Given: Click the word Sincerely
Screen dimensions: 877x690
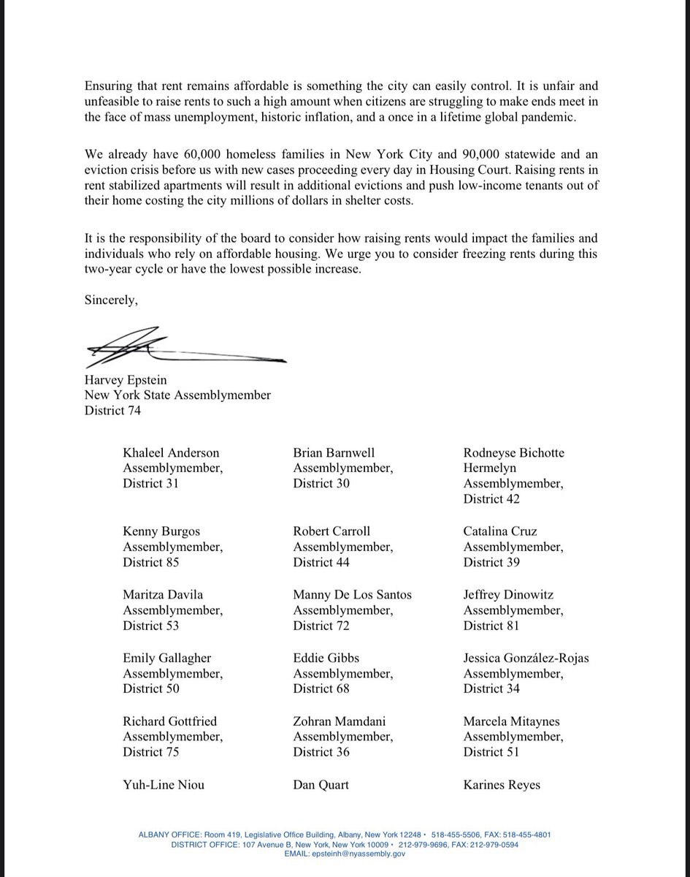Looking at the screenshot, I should [112, 300].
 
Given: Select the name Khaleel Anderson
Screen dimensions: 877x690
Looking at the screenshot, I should [171, 453].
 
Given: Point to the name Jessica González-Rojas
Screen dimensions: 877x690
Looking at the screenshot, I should [526, 658].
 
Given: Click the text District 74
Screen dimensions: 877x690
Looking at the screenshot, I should [113, 411].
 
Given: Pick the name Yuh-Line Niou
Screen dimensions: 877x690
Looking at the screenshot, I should [164, 785].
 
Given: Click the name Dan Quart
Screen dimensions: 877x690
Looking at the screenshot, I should [321, 785].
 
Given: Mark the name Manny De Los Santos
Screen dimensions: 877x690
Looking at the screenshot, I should [352, 595].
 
